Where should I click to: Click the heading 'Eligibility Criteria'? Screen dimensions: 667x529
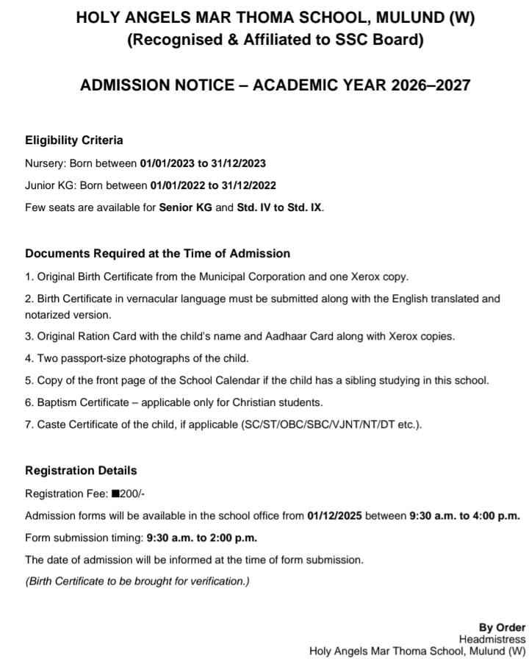tap(74, 140)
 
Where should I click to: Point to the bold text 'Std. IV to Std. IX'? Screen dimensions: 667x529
tap(279, 208)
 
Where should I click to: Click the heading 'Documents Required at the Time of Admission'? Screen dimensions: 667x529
tap(157, 254)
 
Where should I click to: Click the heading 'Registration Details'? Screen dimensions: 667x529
tap(81, 471)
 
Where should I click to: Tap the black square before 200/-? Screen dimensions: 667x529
tap(115, 493)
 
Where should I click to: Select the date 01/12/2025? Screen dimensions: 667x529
tap(335, 516)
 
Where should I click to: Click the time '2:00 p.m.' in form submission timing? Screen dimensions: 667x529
tap(232, 538)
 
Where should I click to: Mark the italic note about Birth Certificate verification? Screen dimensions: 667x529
tap(137, 582)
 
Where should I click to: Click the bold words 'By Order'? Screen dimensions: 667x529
tap(502, 627)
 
